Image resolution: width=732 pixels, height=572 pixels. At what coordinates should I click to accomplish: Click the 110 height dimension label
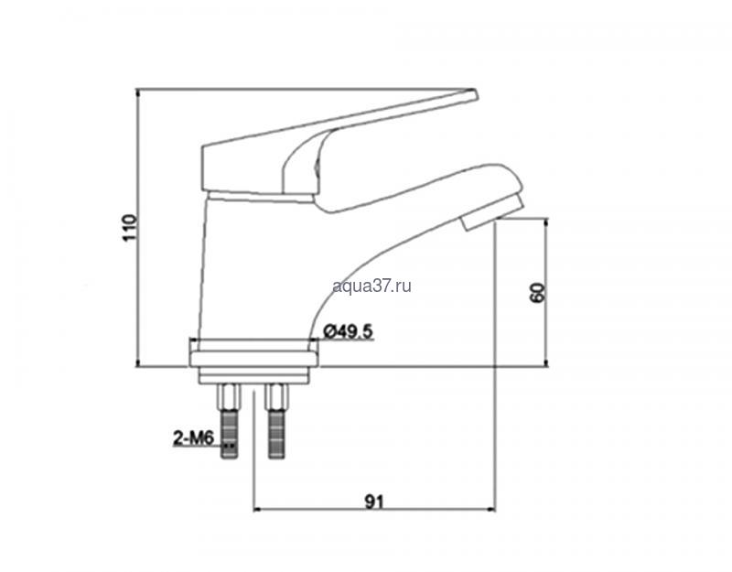tap(129, 227)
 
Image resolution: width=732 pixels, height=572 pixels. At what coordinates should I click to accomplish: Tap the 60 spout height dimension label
tap(538, 293)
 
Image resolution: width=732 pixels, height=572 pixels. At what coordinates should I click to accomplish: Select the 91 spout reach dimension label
tap(373, 502)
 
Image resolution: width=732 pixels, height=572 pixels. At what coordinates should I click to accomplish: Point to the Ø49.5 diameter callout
tap(348, 331)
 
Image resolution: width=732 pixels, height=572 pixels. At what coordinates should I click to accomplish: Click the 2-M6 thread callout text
tap(193, 438)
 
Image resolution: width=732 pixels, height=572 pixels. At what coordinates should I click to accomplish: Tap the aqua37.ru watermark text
tap(372, 286)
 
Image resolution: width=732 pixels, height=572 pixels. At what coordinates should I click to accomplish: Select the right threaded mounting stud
tap(276, 421)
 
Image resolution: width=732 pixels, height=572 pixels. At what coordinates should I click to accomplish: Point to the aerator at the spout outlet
tap(493, 212)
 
